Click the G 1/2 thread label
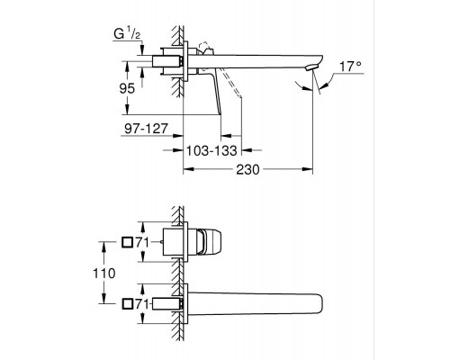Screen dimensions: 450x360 coord(127,34)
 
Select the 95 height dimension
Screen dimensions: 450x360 coord(127,88)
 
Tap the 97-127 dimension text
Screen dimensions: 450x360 coord(146,129)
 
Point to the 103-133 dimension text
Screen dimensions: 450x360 coord(211,150)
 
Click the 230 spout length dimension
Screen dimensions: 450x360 coord(247,170)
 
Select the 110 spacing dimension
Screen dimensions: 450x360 coord(103,274)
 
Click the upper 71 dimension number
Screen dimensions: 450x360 coord(142,242)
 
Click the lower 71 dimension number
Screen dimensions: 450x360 coord(142,304)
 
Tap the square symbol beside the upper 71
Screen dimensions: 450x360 coord(127,242)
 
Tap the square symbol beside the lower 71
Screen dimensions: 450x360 coord(127,304)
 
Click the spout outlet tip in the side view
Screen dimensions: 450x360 coord(310,67)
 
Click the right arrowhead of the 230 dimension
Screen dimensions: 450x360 coord(308,169)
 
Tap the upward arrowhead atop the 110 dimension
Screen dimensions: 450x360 coord(103,247)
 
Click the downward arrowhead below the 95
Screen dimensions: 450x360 coord(127,109)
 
